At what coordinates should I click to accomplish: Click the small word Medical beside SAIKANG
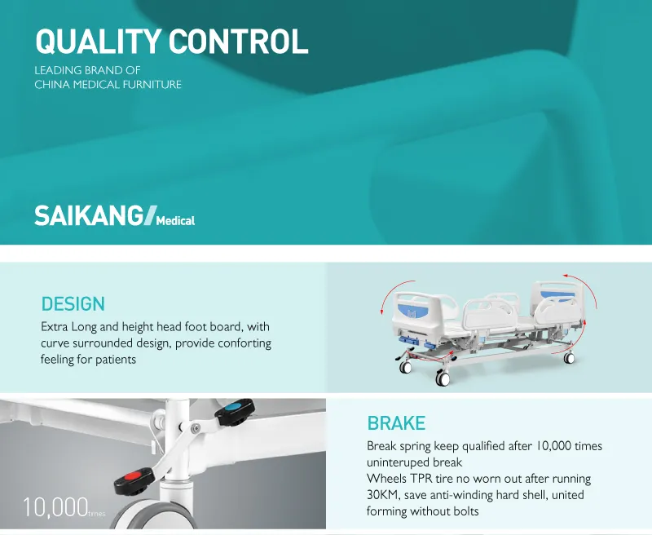pyautogui.click(x=175, y=220)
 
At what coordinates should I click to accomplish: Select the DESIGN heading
pyautogui.click(x=73, y=304)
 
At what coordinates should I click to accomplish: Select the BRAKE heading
pyautogui.click(x=396, y=423)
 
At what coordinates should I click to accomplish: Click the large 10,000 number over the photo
pyautogui.click(x=55, y=507)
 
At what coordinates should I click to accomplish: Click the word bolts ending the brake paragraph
pyautogui.click(x=465, y=511)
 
